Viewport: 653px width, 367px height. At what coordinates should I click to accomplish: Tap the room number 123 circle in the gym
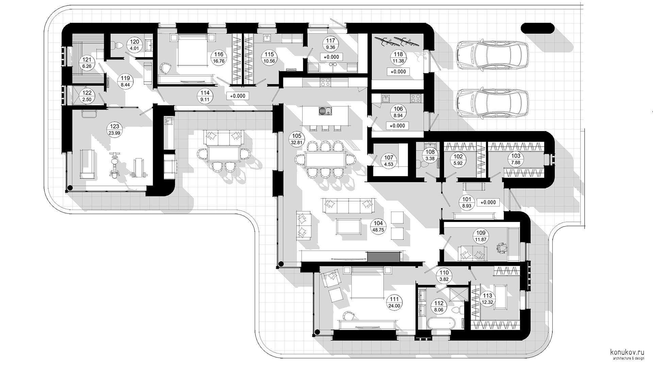click(x=115, y=130)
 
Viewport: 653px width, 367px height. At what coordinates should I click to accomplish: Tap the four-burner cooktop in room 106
click(x=416, y=98)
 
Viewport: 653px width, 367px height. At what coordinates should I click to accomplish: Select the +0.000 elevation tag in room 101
click(x=488, y=202)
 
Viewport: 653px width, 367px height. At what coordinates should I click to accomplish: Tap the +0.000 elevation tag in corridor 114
click(x=237, y=96)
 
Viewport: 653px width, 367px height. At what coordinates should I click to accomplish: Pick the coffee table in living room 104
click(x=349, y=226)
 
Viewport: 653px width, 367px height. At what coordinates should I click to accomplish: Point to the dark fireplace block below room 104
click(x=383, y=257)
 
